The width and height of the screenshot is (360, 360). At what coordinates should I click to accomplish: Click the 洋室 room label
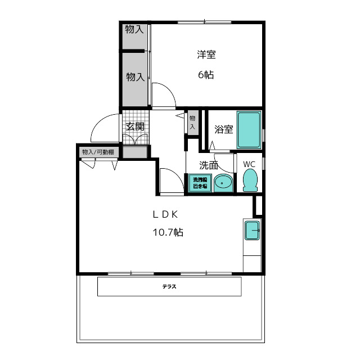(x=206, y=55)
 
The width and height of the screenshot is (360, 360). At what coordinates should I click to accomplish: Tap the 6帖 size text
(x=206, y=75)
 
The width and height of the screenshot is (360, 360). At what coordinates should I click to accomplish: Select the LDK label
(x=165, y=214)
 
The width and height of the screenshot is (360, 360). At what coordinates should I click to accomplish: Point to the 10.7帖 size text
(x=168, y=232)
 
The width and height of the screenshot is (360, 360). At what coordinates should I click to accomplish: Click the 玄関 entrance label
(x=135, y=127)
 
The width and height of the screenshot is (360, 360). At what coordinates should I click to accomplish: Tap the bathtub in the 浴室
(x=249, y=130)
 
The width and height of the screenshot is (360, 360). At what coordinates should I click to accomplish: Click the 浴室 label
(x=224, y=129)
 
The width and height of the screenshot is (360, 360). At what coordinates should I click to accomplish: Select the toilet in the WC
(x=250, y=181)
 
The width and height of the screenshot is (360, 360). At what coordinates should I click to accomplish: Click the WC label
(x=249, y=164)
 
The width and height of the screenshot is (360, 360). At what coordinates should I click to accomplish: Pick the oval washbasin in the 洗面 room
(x=223, y=183)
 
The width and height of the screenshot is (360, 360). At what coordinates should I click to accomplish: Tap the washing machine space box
(x=200, y=183)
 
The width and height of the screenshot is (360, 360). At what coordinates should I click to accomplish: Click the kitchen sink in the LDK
(x=252, y=230)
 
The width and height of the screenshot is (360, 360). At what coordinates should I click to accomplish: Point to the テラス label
(x=169, y=286)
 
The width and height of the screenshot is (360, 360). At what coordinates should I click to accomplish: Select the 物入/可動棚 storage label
(x=98, y=152)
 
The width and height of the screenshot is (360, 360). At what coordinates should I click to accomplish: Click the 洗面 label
(x=209, y=165)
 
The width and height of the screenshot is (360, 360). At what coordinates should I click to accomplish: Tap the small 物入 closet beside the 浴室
(x=192, y=123)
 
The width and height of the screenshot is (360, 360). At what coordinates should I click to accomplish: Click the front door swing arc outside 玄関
(x=101, y=121)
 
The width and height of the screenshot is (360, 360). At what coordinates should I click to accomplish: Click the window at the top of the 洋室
(x=204, y=22)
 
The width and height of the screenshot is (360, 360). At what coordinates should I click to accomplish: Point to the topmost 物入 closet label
(x=134, y=29)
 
